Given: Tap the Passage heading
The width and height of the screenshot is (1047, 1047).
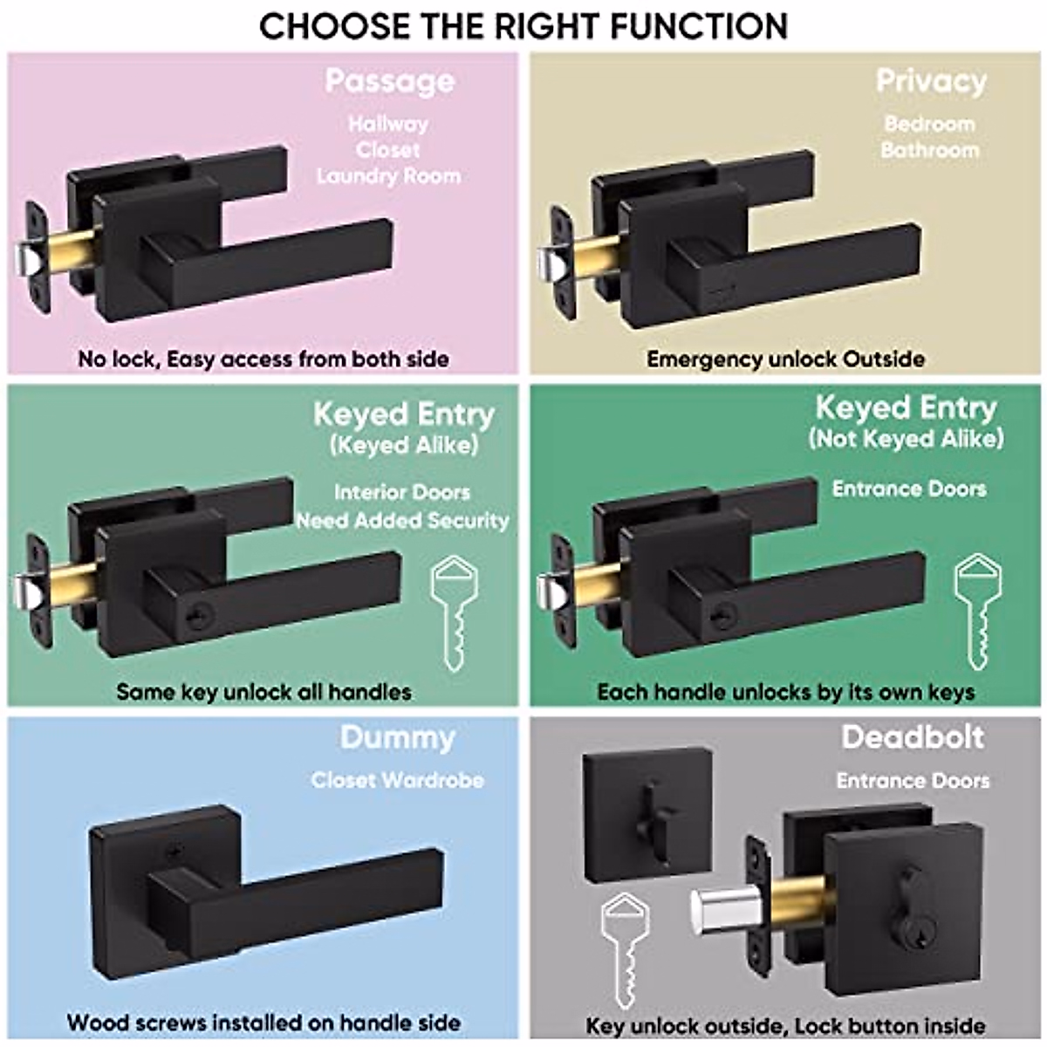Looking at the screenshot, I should pos(389,81).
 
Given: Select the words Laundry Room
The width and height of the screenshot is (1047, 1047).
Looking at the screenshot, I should pos(388,176).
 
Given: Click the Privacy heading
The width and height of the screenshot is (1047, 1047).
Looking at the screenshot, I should pos(931,81).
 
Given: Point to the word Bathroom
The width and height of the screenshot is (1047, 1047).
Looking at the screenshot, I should pos(930,150).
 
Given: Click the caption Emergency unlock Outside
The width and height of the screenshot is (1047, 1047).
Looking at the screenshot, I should pos(785,359).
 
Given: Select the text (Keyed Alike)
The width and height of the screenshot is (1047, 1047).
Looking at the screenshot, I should pos(404,446).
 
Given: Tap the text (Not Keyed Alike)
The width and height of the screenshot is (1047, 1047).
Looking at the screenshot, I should pos(906,438).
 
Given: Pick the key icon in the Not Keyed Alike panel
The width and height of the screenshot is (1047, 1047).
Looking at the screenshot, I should pos(977,612).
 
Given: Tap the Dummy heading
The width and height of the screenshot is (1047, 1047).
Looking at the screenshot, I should pos(397,738).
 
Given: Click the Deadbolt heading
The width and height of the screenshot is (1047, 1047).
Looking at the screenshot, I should pos(913,738).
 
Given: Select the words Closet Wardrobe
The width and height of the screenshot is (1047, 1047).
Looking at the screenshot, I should pos(398,780).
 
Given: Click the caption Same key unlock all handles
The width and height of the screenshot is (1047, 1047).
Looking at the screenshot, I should pos(263,692).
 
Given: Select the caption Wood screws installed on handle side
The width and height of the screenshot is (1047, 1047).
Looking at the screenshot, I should pos(263,1023).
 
